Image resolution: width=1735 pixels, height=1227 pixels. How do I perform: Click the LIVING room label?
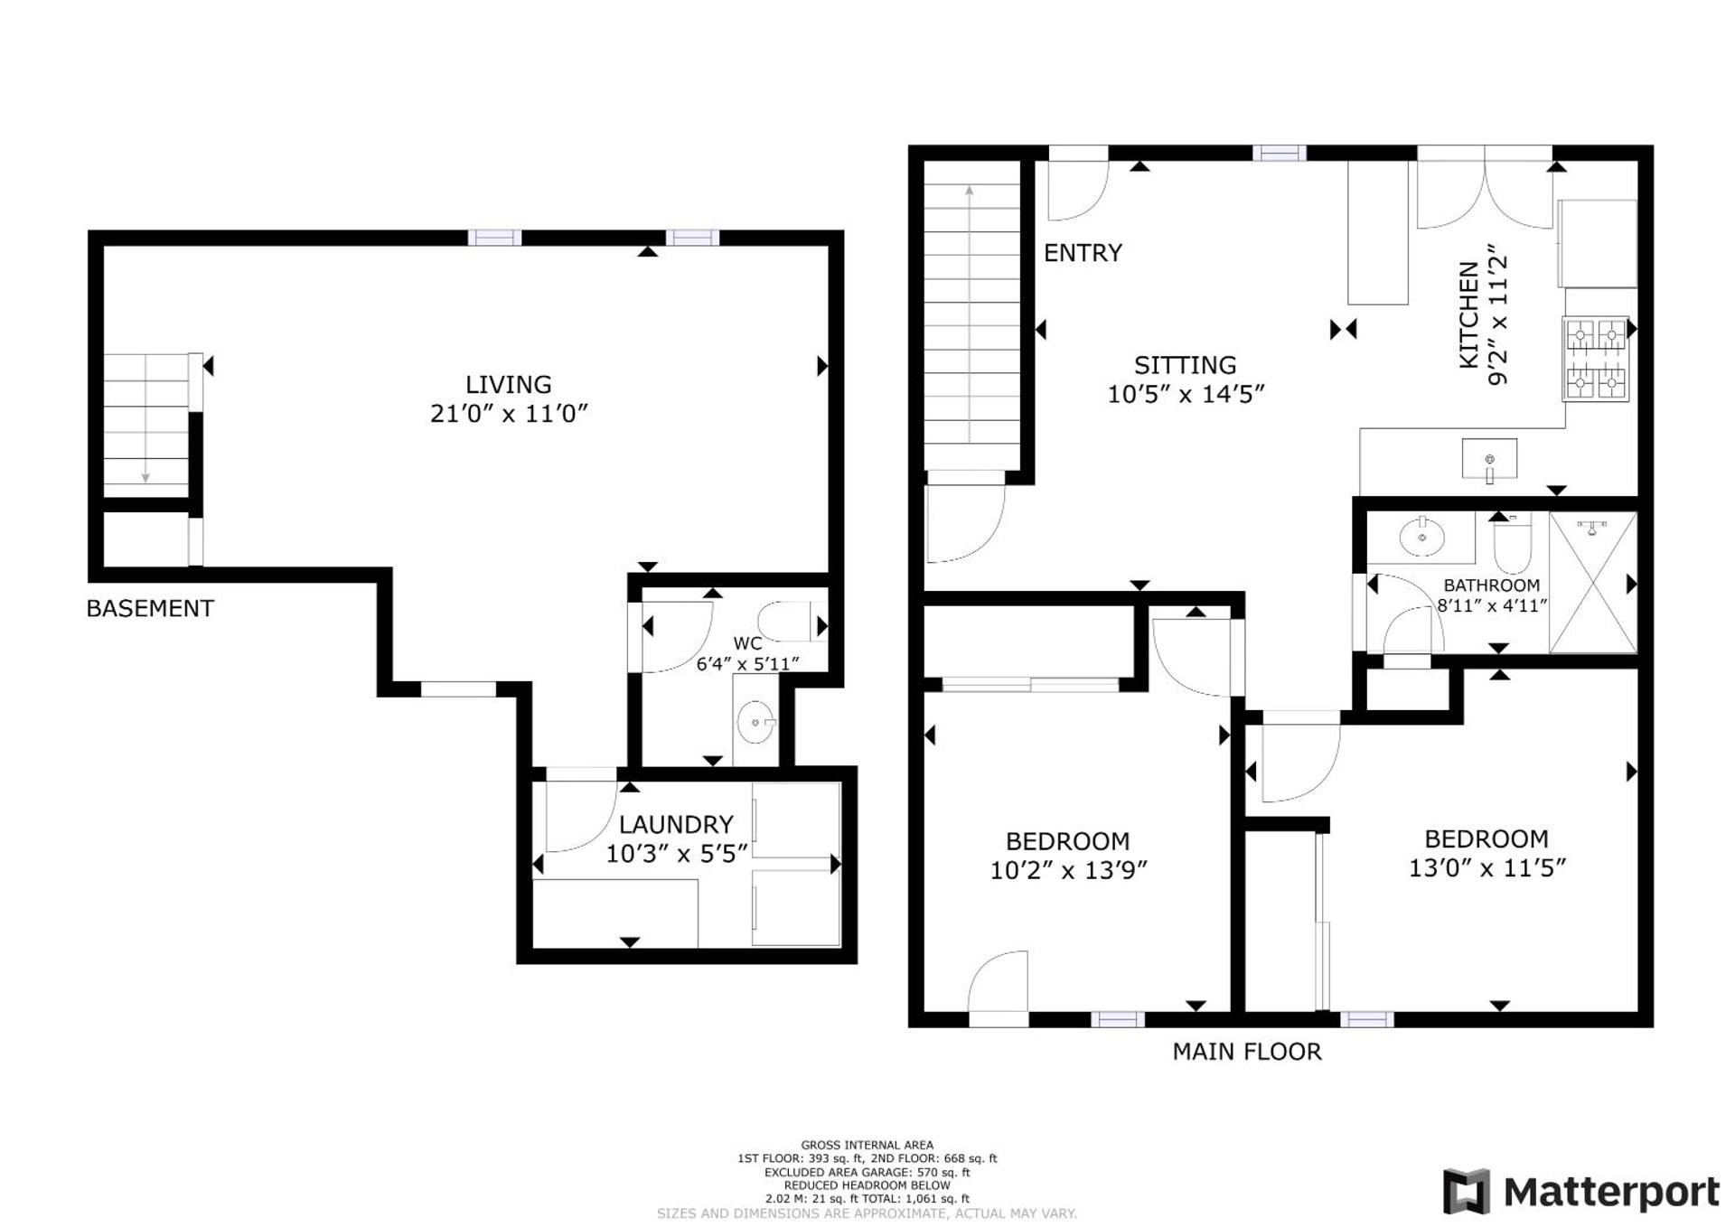pos(508,385)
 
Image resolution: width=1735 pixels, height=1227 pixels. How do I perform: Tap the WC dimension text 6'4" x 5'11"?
pos(747,664)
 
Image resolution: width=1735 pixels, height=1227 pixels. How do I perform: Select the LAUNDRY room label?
pos(675,824)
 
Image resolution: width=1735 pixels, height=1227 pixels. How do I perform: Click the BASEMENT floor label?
pos(150,608)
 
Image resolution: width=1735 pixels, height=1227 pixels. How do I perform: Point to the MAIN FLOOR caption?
pos(1246,1051)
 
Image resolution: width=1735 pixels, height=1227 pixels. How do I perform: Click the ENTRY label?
pos(1083,253)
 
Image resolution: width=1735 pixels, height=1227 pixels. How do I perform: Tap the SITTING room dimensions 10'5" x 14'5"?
pos(1185,394)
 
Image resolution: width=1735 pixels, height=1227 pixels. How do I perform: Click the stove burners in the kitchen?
pos(1595,359)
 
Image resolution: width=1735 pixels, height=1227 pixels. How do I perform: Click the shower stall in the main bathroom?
pos(1592,583)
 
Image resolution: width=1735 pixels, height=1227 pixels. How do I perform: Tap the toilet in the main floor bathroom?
pos(1512,544)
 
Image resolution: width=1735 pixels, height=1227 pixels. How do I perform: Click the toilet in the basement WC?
pos(783,622)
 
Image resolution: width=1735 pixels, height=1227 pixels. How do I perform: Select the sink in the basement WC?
pos(755,723)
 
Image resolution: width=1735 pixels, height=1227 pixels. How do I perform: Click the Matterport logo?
pos(1581,1192)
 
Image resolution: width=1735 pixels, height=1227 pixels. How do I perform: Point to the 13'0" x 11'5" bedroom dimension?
pos(1486,867)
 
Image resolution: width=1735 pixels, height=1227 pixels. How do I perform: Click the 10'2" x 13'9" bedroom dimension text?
pos(1068,870)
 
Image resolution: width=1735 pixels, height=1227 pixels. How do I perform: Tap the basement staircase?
pos(146,425)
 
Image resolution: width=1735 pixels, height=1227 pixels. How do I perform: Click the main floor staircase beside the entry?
pos(970,316)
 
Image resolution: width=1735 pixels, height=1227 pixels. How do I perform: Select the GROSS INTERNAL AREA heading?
pos(867,1145)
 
